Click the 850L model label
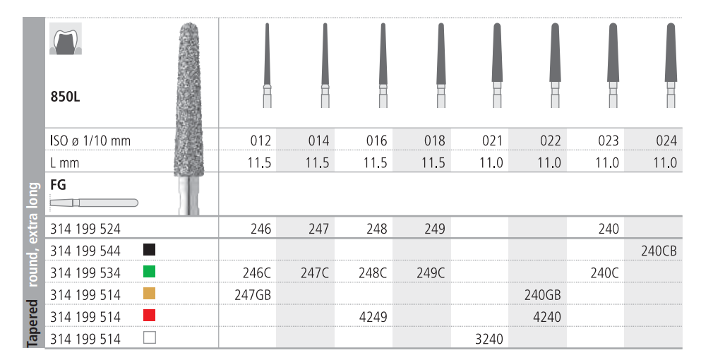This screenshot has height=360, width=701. click(65, 97)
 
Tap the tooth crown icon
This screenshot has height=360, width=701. click(66, 39)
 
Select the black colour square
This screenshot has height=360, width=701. click(150, 250)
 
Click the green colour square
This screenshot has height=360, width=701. click(150, 272)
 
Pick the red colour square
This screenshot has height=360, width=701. click(150, 316)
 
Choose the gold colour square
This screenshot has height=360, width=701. click(150, 294)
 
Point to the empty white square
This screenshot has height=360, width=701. click(150, 337)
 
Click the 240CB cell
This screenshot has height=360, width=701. click(659, 251)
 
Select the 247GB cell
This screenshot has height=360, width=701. click(253, 295)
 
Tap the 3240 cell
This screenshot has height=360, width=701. click(489, 339)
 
